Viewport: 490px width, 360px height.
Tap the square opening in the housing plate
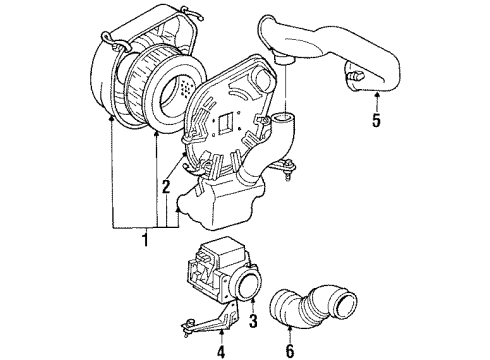229,123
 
